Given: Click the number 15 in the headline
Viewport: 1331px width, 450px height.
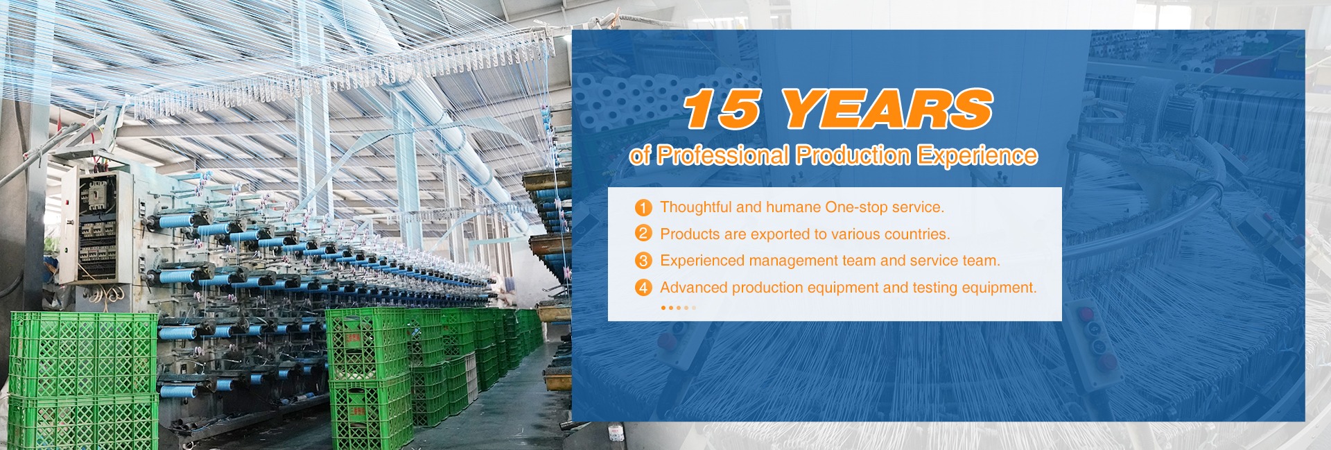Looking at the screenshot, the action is click(722, 109).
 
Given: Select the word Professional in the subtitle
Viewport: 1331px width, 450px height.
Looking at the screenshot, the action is click(722, 155).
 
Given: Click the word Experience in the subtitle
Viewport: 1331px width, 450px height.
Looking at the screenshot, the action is click(978, 155).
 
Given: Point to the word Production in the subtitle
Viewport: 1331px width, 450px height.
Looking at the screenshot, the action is click(853, 155).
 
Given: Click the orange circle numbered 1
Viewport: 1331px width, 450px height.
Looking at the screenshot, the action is click(643, 207).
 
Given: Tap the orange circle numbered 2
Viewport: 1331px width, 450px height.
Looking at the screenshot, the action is click(643, 234).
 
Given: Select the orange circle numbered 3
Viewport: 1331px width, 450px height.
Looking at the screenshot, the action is click(643, 261).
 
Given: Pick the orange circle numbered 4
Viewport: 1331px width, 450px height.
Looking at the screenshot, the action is click(643, 287).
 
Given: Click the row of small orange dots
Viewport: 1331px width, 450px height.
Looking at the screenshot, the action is click(678, 307).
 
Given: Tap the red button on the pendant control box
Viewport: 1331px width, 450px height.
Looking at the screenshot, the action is click(1106, 362).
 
